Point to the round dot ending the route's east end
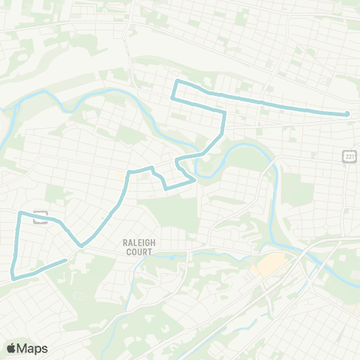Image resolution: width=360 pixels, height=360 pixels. [347, 114]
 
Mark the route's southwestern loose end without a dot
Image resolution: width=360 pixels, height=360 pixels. [67, 260]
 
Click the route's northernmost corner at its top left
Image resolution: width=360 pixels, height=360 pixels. [176, 81]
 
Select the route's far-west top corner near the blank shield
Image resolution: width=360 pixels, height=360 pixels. [19, 213]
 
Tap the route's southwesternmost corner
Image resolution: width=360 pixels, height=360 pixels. [13, 277]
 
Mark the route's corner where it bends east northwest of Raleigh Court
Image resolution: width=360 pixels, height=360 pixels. [129, 172]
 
